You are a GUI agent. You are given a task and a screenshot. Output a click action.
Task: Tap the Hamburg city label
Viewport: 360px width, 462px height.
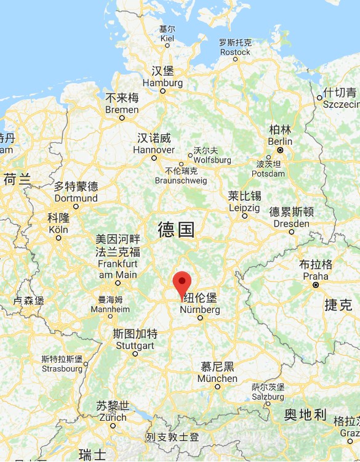162,77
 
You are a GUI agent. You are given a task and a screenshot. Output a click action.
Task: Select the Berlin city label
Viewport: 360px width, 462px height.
280,135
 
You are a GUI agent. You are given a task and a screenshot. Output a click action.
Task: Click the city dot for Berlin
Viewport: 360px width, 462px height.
280,150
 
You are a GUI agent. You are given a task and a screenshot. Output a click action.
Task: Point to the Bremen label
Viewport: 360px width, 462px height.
122,104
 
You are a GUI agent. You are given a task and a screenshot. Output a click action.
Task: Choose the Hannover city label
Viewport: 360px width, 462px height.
154,144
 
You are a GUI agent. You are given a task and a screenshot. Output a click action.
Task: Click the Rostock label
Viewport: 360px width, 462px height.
235,47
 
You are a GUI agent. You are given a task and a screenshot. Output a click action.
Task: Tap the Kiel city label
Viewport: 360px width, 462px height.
167,33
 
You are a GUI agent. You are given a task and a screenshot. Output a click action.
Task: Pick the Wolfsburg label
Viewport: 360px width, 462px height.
205,155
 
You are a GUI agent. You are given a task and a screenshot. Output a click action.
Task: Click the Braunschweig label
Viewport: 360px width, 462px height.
182,176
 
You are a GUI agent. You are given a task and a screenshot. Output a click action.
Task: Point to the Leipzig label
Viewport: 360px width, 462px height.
244,202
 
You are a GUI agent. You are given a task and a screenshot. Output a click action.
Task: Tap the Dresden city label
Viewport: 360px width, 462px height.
291,218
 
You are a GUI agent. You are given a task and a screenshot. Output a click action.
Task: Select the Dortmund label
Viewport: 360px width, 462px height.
76,192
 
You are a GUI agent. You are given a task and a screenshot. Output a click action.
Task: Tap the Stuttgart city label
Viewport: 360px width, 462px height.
135,340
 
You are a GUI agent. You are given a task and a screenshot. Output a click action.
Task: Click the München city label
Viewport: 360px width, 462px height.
217,373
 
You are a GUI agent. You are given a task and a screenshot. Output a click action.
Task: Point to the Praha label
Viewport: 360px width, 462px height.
316,270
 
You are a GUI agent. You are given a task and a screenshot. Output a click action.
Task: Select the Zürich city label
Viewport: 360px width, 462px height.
113,411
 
